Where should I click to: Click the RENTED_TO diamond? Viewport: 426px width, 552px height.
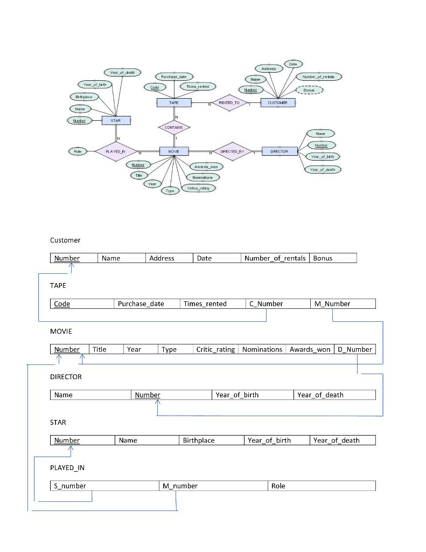[230, 102]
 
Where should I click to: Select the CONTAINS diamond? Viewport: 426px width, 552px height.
[174, 128]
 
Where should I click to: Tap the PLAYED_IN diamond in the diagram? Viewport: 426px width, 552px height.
[115, 151]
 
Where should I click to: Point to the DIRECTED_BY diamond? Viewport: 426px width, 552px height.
[232, 151]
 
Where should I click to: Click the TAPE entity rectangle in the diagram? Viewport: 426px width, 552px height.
[174, 102]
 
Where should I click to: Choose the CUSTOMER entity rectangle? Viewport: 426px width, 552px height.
[277, 102]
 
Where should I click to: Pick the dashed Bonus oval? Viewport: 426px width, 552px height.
[309, 90]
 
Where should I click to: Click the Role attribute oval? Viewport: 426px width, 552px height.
[77, 151]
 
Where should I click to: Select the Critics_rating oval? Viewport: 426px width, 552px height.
[198, 188]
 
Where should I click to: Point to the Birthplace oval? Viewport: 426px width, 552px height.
[84, 97]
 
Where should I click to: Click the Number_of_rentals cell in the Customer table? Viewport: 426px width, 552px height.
[275, 258]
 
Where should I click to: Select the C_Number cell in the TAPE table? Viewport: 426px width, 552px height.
[278, 303]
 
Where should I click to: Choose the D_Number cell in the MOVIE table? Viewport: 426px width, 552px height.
[355, 349]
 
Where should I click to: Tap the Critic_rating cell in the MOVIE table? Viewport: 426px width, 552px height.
[215, 349]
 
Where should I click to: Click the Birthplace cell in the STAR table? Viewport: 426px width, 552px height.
[211, 440]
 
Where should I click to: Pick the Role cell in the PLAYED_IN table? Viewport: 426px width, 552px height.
[321, 486]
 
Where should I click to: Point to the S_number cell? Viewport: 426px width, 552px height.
[104, 486]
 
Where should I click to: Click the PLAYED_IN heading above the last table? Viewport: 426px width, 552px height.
[67, 467]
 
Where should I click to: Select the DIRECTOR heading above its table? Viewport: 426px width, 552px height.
[66, 377]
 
